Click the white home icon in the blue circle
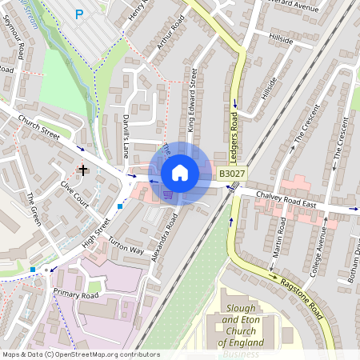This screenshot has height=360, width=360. pos(180,173)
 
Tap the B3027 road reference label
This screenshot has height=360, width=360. pos(232,174)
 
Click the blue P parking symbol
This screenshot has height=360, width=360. pos(79,14)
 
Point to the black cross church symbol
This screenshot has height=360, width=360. pos(82,170)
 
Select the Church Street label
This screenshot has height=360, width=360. pos(40,126)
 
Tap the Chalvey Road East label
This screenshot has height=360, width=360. pos(286,200)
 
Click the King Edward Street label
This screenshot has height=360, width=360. pos(192,100)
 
